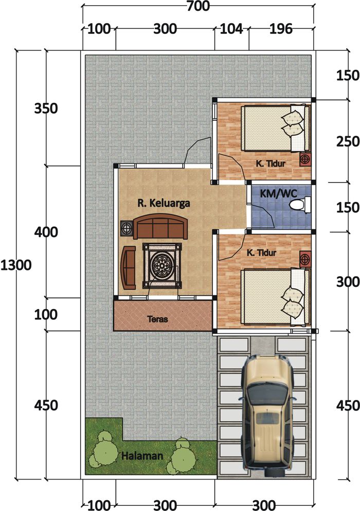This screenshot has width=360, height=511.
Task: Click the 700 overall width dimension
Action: pos(198,6)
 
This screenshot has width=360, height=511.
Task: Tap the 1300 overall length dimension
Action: pos(16,265)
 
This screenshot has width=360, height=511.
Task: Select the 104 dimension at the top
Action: pos(231,29)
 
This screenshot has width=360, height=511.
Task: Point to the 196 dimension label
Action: pos(281,29)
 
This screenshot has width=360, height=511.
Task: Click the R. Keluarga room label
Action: pos(164,204)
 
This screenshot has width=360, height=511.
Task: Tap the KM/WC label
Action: pos(278,194)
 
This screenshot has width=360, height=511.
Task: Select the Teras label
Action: pos(157,319)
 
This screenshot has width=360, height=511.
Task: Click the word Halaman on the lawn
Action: pos(142,455)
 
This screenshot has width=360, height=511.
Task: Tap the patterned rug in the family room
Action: pos(162,266)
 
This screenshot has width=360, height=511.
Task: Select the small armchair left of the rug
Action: pos(128,268)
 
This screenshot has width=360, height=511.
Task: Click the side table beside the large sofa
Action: pos(126,228)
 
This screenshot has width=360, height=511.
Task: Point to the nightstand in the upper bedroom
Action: pos(305,159)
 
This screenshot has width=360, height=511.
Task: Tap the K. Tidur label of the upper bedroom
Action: pos(271,163)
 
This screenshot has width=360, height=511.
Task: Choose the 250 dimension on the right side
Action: pos(348,141)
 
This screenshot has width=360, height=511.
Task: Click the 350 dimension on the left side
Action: pos(46,108)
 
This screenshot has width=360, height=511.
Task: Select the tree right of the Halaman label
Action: pos(182,456)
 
